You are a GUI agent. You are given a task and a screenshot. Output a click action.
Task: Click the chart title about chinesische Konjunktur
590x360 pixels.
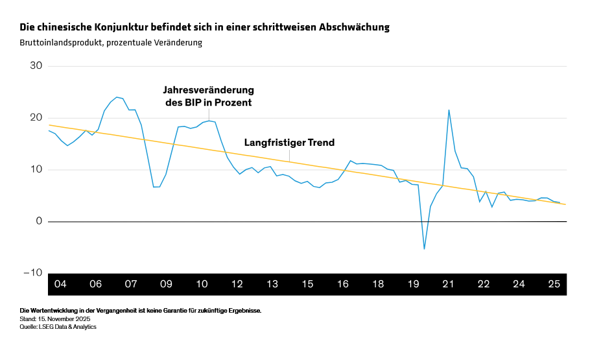(x=204, y=27)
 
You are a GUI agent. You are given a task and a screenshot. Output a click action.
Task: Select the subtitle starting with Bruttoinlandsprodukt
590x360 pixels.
(x=112, y=43)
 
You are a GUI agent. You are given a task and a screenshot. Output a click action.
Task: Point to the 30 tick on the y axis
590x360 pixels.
(x=36, y=66)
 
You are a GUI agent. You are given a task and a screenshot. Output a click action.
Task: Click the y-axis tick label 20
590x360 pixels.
(x=36, y=118)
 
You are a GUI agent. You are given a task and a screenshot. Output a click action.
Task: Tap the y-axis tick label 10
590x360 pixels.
(x=36, y=170)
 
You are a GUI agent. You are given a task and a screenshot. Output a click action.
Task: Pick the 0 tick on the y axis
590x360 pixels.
(x=39, y=222)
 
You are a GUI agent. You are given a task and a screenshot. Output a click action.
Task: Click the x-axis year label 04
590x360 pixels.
(x=60, y=284)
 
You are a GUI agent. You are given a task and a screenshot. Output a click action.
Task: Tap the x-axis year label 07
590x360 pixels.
(x=130, y=284)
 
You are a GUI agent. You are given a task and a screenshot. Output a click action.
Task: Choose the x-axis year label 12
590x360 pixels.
(x=237, y=284)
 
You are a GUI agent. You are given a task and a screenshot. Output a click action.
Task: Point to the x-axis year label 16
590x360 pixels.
(x=342, y=284)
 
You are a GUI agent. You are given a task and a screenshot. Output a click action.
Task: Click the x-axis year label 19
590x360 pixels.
(x=413, y=284)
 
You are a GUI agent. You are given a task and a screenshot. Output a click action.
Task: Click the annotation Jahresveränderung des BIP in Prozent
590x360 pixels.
(x=208, y=96)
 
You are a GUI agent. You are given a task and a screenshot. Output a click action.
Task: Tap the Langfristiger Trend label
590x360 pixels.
(x=289, y=142)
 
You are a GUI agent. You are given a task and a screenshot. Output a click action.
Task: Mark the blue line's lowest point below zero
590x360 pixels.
(x=424, y=248)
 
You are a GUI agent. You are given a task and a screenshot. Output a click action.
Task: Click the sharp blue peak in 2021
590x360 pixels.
(x=449, y=110)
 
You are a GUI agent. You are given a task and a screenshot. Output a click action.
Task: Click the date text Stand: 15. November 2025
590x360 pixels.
(x=55, y=319)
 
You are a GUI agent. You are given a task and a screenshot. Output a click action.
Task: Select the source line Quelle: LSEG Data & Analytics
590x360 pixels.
(x=58, y=327)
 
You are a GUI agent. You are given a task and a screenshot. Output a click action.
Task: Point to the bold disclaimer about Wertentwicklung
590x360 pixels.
(x=141, y=311)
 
